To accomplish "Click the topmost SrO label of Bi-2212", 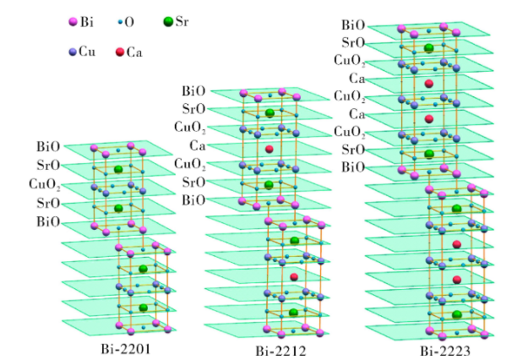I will [193, 109].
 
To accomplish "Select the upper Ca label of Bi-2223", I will [356, 79].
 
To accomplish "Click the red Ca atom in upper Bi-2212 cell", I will [269, 150].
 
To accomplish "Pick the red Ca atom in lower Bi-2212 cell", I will [294, 276].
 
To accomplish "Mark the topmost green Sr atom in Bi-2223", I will [429, 48].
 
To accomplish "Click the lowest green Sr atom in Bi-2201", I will [143, 307].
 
